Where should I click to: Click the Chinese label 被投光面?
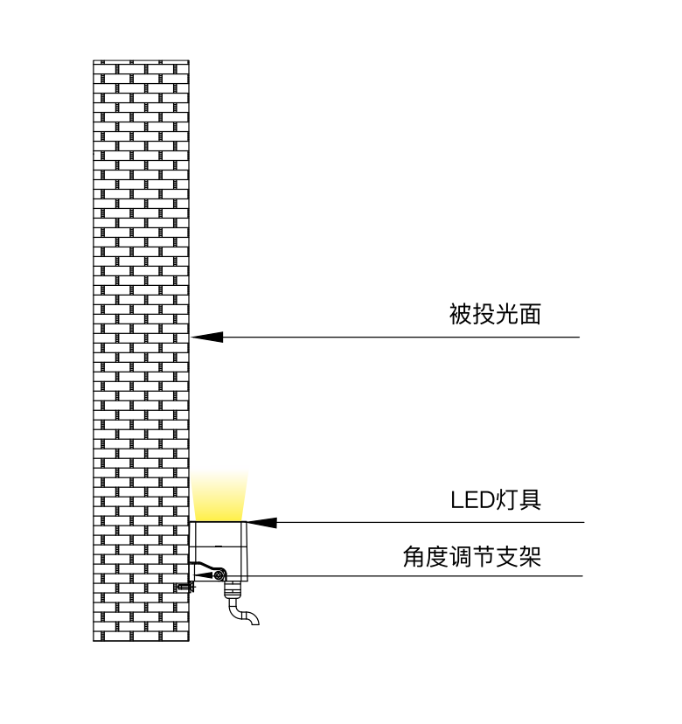coord(495,314)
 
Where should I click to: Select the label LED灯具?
coord(496,500)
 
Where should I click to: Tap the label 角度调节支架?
coord(472,557)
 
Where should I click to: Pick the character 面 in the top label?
coord(530,314)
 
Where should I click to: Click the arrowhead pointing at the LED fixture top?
coord(261,523)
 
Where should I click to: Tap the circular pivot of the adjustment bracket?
coord(219,574)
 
